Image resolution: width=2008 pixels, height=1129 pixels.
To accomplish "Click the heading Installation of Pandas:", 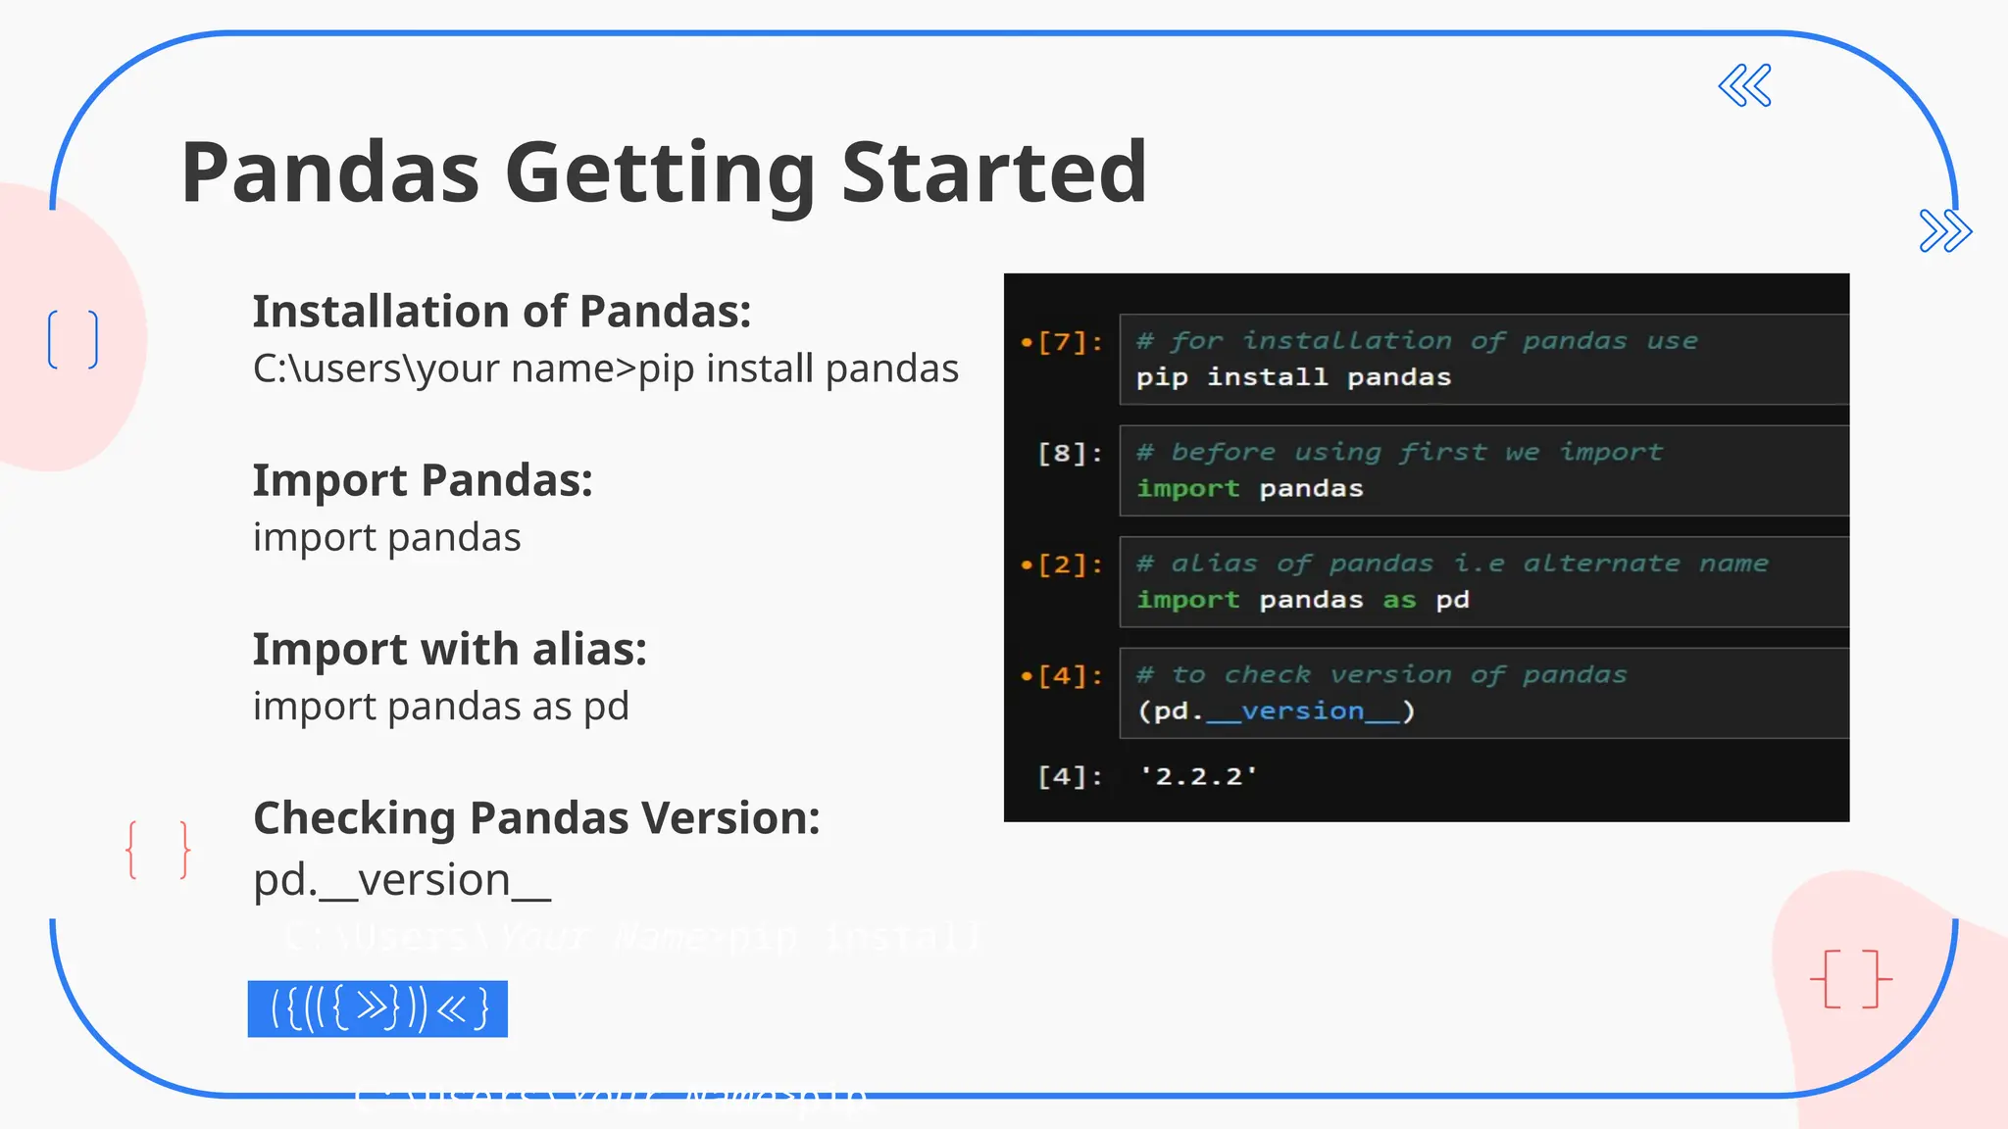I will coord(501,312).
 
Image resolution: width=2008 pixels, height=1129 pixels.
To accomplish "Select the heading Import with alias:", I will coord(449,650).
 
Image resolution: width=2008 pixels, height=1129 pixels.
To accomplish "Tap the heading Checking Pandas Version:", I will coord(536,818).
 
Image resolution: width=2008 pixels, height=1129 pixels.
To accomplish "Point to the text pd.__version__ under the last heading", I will coord(401,880).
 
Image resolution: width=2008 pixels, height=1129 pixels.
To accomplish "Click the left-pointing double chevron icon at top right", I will coord(1745,86).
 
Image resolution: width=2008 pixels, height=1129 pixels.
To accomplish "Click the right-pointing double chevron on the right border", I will coord(1945,231).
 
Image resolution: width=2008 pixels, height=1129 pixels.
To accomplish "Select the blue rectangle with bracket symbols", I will coord(377,1008).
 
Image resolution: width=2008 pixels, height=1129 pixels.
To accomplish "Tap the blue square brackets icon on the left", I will coord(74,339).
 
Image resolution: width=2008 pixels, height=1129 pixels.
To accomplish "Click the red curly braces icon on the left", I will coord(158,850).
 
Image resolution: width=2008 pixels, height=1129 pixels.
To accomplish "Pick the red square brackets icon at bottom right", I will coord(1850,978).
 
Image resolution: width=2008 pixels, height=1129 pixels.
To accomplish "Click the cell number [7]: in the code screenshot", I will coord(1070,342).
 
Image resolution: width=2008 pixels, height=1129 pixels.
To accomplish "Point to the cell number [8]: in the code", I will coord(1070,454).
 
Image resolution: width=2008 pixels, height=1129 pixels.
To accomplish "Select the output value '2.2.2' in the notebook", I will coord(1197,777).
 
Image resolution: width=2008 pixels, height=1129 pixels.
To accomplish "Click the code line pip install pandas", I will coord(1293,378).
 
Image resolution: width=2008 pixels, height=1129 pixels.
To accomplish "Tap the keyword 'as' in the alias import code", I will coord(1399,601).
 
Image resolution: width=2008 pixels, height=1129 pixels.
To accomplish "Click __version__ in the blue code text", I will coord(1303,712).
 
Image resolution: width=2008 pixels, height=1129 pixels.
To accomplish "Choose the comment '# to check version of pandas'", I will coord(1380,675).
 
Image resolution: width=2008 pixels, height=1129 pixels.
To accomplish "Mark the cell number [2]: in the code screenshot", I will coord(1070,564).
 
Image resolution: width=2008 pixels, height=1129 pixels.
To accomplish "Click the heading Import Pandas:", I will coord(423,481).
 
